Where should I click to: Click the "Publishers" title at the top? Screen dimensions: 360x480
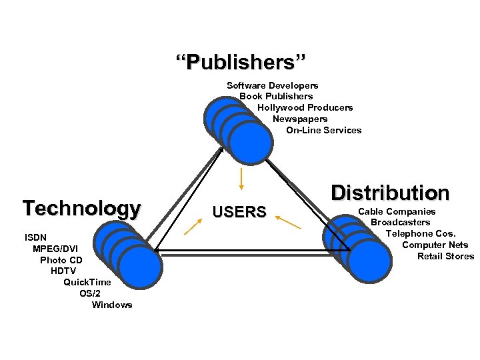coord(241,63)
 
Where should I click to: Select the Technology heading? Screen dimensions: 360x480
coord(81,208)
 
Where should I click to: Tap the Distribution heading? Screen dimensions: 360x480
coord(390,193)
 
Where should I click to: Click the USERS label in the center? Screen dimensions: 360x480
coord(239,213)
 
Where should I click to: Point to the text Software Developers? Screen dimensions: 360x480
coord(272,85)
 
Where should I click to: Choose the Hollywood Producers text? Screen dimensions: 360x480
coord(305,107)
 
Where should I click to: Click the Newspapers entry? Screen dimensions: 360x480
coord(299,119)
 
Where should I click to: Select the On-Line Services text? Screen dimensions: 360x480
coord(323,130)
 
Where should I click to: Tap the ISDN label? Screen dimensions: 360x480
coord(36,237)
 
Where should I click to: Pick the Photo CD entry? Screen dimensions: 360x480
coord(61,260)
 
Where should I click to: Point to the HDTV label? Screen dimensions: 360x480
coord(63,271)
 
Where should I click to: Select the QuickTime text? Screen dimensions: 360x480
coord(87,282)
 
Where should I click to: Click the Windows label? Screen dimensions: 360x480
coord(112,305)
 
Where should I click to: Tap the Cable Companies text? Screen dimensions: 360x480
coord(397,211)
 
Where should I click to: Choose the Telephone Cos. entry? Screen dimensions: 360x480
coord(421,233)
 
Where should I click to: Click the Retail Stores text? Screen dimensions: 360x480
coord(445,256)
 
